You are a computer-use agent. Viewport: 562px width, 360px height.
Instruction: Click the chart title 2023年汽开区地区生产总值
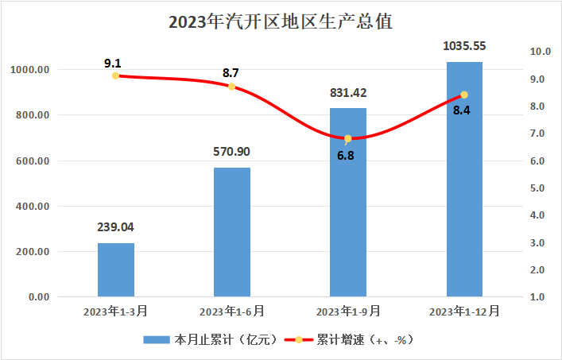pos(281,22)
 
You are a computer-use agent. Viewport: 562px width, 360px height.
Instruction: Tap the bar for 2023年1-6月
pos(232,232)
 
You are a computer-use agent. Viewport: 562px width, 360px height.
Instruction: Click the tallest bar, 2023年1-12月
pos(464,179)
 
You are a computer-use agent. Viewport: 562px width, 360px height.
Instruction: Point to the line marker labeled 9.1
pos(116,76)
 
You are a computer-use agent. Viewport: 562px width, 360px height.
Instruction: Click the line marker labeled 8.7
pos(232,87)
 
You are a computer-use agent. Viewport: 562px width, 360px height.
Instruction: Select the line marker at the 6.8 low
pos(348,138)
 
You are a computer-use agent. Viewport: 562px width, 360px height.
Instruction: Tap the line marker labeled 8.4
pos(464,95)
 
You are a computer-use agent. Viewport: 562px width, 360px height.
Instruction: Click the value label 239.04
pos(116,226)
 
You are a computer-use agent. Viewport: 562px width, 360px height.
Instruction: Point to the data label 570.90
pos(232,151)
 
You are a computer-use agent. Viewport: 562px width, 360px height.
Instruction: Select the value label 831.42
pos(348,92)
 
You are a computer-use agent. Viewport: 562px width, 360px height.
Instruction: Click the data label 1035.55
pos(464,45)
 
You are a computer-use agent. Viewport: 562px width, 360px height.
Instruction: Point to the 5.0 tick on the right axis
pos(541,188)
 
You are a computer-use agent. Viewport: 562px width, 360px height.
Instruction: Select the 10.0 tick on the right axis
pos(541,52)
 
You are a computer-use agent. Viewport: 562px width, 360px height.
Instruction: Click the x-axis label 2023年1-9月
pos(348,311)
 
